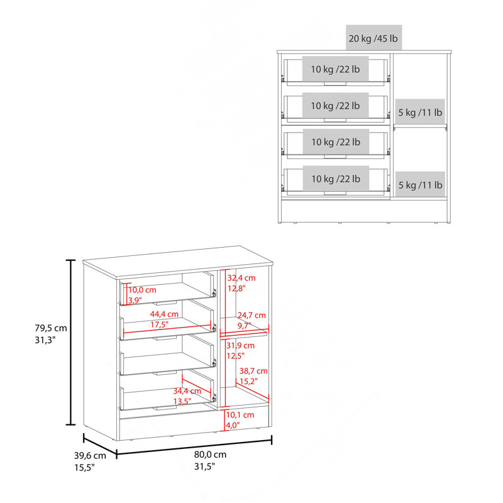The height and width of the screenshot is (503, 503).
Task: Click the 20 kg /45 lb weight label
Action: click(373, 38)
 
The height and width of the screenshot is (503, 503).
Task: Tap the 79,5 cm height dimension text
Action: click(51, 328)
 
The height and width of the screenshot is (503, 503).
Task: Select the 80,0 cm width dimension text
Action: click(210, 454)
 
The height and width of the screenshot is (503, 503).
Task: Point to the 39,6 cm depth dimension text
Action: click(90, 455)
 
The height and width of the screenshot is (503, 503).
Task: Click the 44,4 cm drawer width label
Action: click(164, 314)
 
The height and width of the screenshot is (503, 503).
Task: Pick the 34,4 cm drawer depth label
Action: click(187, 390)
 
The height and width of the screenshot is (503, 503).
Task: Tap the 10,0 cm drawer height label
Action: click(143, 290)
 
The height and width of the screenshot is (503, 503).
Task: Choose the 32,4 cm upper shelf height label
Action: click(241, 278)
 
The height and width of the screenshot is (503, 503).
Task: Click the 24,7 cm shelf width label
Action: click(251, 316)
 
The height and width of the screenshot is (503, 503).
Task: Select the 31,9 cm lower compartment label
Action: click(240, 345)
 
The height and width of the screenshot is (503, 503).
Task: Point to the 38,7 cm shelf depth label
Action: click(253, 371)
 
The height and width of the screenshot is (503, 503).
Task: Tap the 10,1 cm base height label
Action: click(240, 415)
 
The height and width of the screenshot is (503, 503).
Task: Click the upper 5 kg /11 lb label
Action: click(420, 113)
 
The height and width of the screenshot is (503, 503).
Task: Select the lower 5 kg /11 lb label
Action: click(420, 185)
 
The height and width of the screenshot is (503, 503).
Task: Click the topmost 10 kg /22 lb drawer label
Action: click(335, 69)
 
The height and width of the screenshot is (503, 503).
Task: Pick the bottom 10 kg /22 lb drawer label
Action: click(336, 179)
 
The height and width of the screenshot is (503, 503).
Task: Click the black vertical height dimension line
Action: click(70, 342)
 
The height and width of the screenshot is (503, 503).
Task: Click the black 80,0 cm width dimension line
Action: click(194, 447)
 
